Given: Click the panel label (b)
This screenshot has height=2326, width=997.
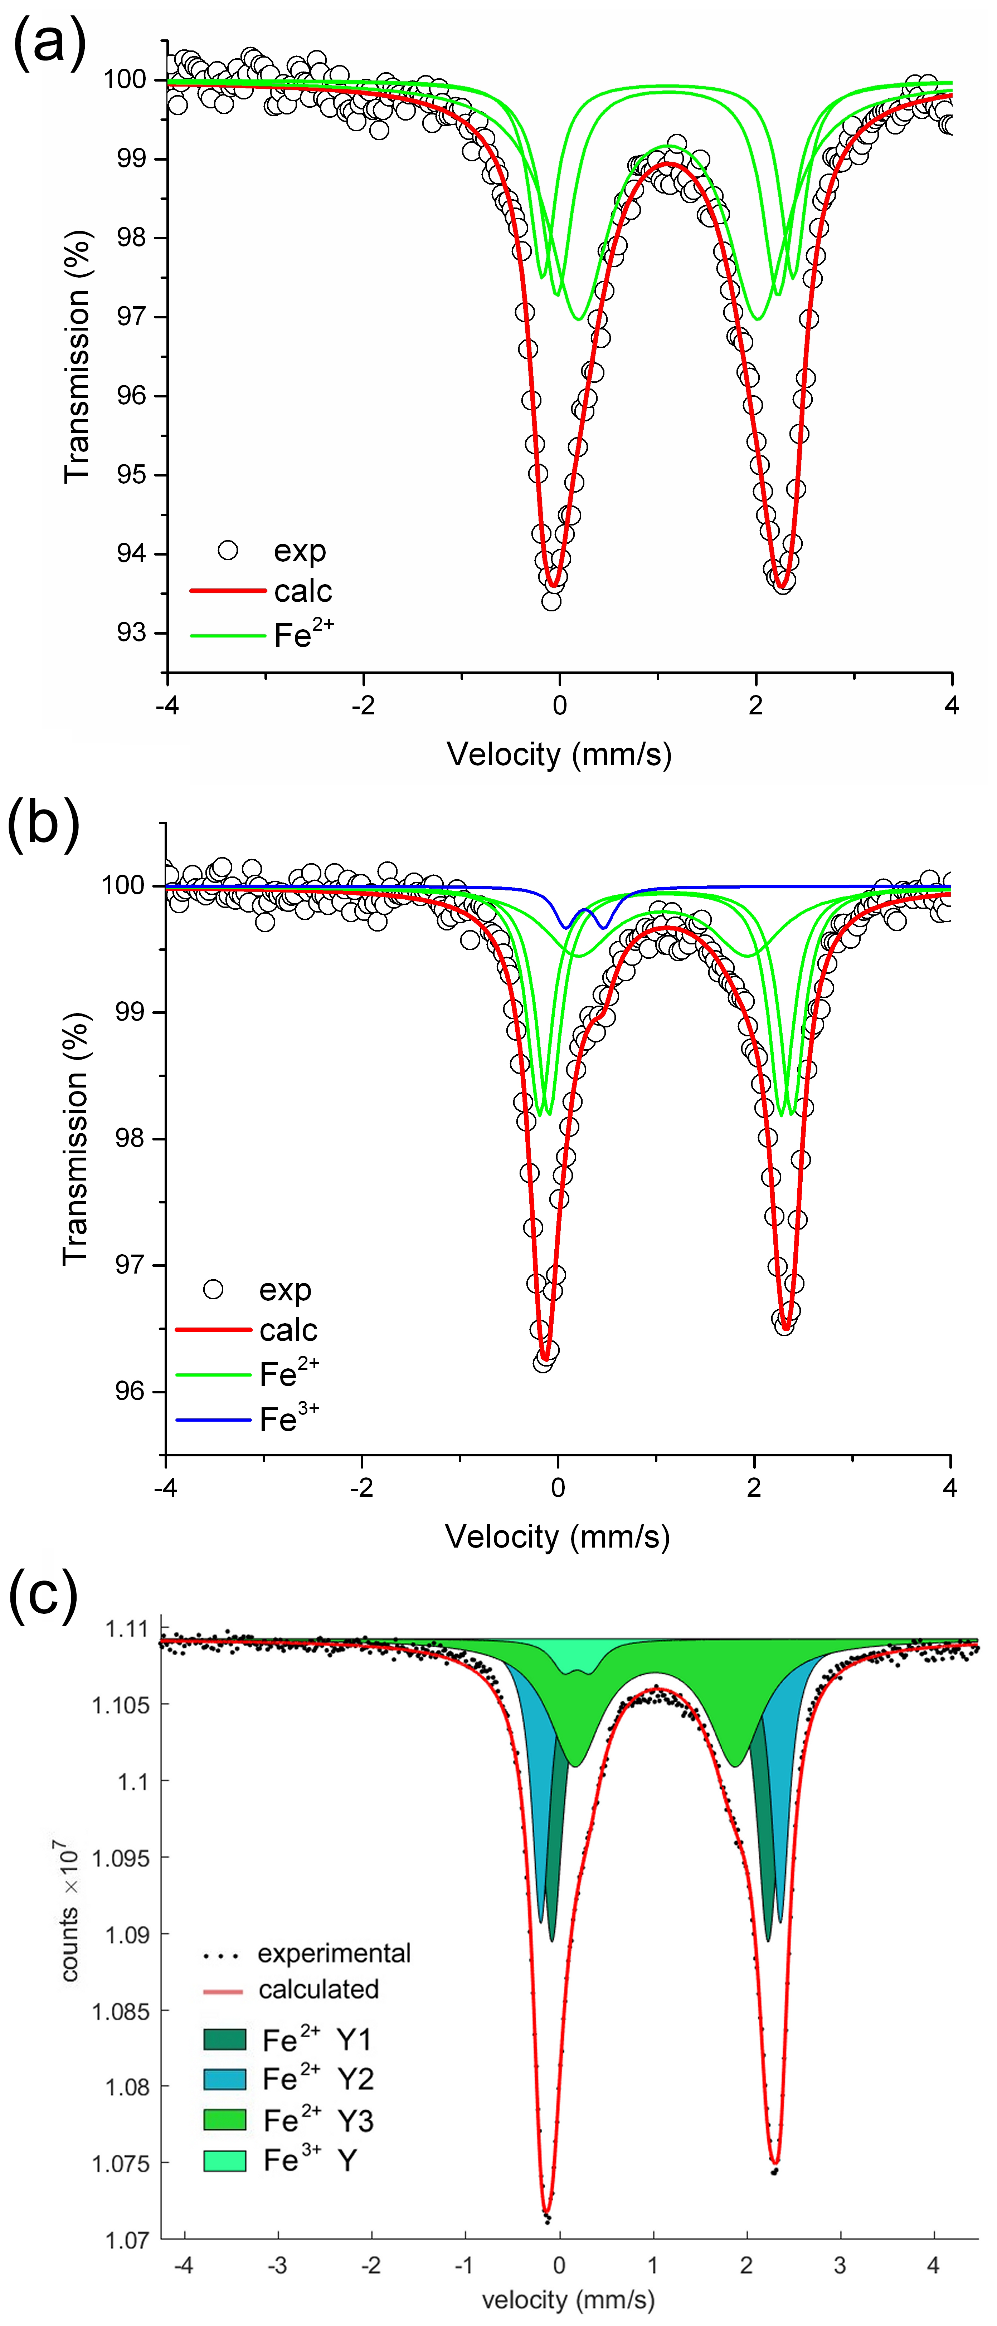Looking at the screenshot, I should (43, 824).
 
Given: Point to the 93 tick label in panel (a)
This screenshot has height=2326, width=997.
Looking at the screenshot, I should (131, 632).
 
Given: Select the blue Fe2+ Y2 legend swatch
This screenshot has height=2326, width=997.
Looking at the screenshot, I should (225, 2080).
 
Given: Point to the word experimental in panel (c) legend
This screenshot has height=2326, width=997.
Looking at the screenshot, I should (334, 1953).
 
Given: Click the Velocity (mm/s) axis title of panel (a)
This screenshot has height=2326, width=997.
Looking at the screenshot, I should (559, 754).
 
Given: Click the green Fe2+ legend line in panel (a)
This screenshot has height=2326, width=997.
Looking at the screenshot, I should (228, 636).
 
